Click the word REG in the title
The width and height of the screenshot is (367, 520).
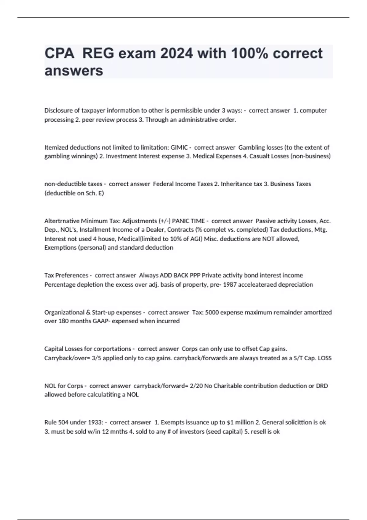(x=98, y=54)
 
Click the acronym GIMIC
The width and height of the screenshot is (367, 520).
(x=179, y=147)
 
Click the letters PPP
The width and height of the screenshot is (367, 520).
(x=195, y=275)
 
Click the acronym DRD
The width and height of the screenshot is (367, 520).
(x=322, y=386)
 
